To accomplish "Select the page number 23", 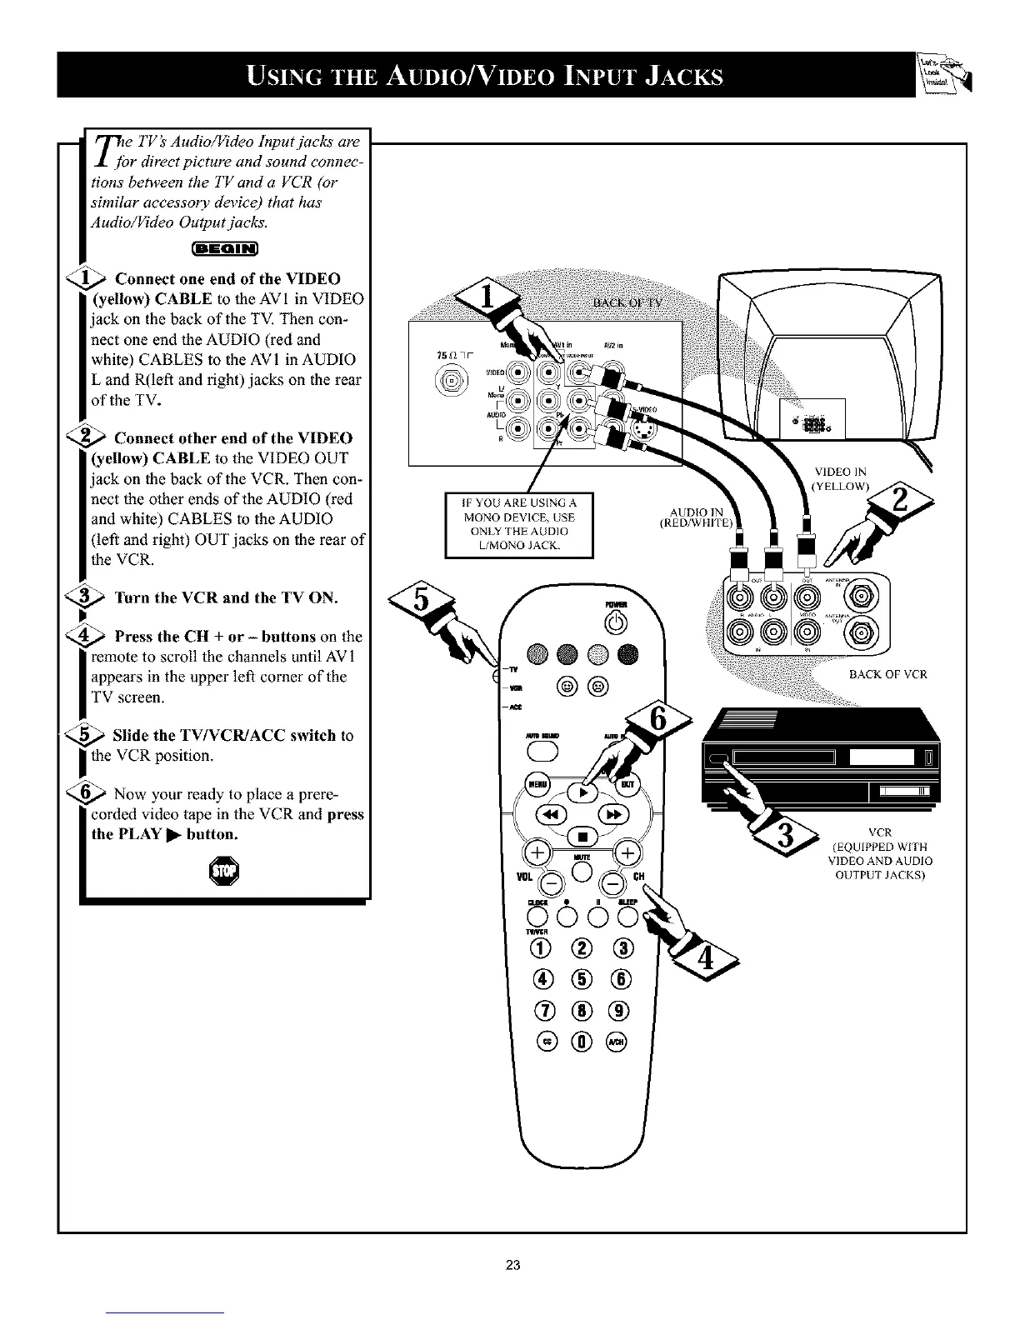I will coord(512,1265).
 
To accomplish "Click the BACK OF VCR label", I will coord(887,674).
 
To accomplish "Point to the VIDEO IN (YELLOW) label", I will coord(841,479).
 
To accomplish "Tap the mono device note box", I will coord(518,524).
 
